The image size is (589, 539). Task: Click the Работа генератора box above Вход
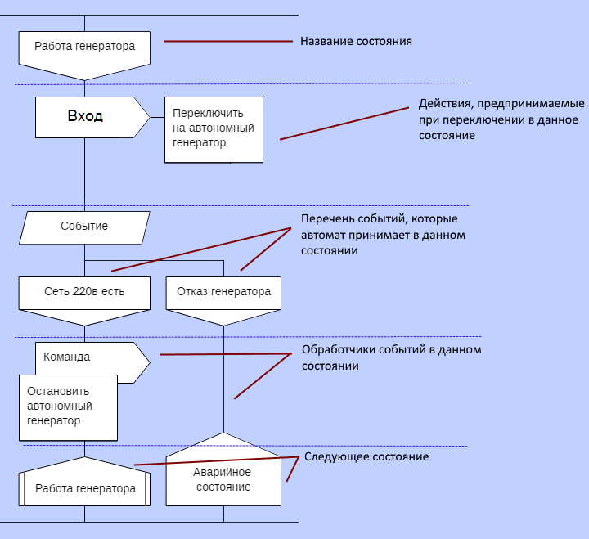click(x=84, y=47)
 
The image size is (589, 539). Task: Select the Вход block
click(x=86, y=116)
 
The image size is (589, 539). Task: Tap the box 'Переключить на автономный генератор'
click(x=214, y=129)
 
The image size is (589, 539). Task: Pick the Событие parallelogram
click(x=84, y=227)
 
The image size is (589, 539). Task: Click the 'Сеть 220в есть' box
click(x=84, y=291)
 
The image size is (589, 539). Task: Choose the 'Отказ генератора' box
click(x=223, y=291)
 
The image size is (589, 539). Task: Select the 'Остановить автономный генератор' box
click(x=67, y=406)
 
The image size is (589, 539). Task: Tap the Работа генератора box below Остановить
click(x=84, y=488)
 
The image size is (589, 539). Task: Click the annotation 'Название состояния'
click(x=356, y=41)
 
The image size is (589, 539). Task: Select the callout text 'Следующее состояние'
click(x=366, y=456)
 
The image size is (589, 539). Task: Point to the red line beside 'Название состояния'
click(x=228, y=40)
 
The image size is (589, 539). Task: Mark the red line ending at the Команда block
click(x=225, y=354)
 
